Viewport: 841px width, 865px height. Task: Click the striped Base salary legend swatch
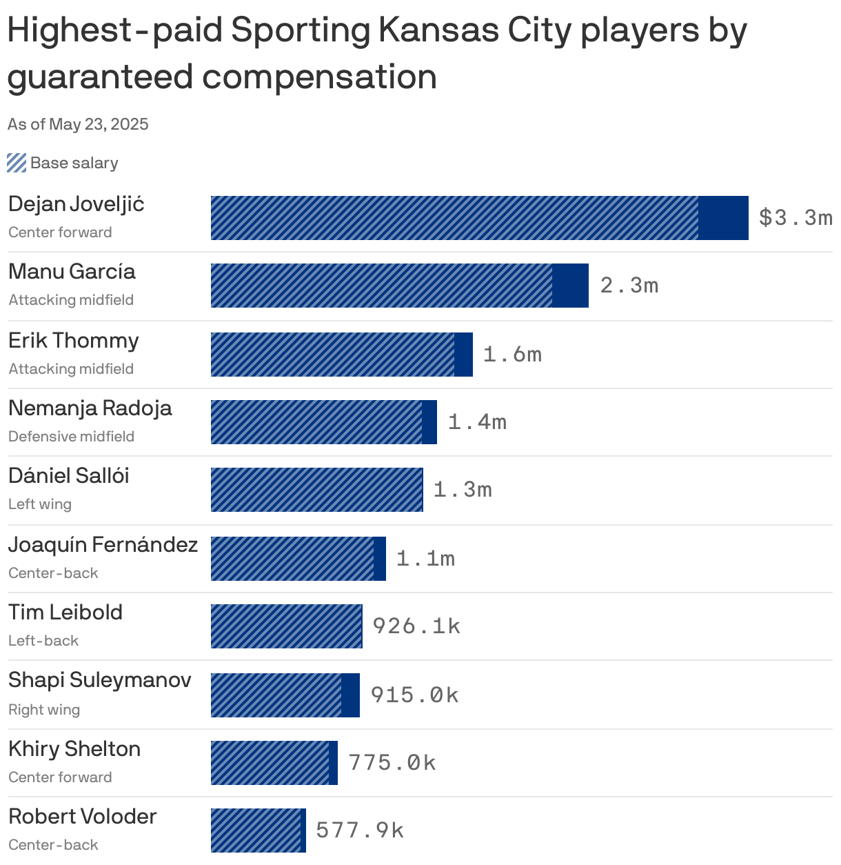pyautogui.click(x=17, y=163)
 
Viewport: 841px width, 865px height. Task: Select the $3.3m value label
pyautogui.click(x=796, y=218)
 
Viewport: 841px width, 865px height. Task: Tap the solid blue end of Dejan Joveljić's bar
pyautogui.click(x=723, y=218)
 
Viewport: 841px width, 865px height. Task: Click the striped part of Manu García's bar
pyautogui.click(x=381, y=286)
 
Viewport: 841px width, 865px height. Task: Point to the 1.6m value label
pyautogui.click(x=512, y=355)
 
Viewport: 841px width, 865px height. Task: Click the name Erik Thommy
pyautogui.click(x=74, y=341)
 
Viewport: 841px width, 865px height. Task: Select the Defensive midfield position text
pyautogui.click(x=71, y=437)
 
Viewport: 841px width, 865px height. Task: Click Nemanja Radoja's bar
pyautogui.click(x=323, y=422)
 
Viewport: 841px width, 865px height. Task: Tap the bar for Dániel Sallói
pyautogui.click(x=316, y=490)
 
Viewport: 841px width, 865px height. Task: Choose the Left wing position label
pyautogui.click(x=40, y=504)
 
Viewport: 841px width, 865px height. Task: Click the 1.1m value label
pyautogui.click(x=425, y=559)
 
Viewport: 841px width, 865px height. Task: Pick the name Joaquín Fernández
pyautogui.click(x=103, y=545)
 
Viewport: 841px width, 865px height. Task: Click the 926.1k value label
pyautogui.click(x=416, y=626)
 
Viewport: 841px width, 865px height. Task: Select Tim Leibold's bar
pyautogui.click(x=286, y=626)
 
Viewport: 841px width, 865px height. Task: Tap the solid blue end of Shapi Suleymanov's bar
pyautogui.click(x=350, y=695)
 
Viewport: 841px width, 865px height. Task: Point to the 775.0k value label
pyautogui.click(x=392, y=763)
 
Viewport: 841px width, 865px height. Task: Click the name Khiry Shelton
pyautogui.click(x=74, y=749)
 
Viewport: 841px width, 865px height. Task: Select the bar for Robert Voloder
pyautogui.click(x=259, y=831)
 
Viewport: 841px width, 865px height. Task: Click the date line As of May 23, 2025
pyautogui.click(x=78, y=124)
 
